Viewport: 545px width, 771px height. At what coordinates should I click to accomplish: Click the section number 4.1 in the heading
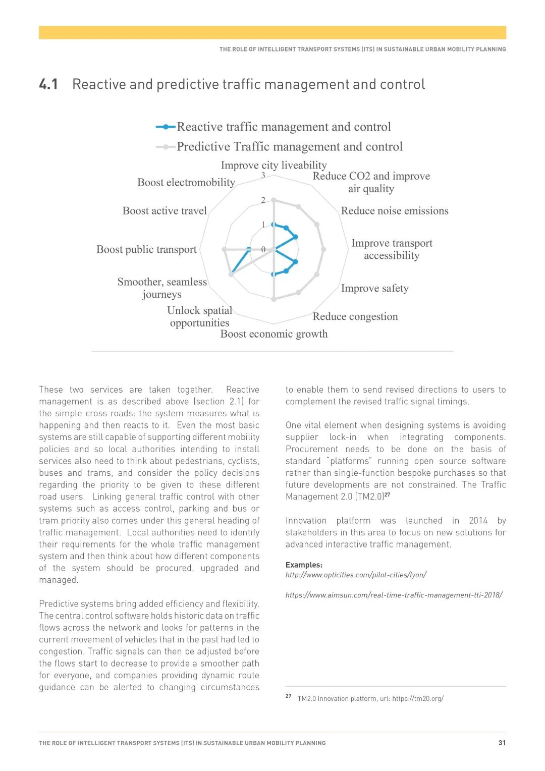pos(48,84)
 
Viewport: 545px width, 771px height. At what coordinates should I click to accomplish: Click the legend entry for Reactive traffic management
pos(284,127)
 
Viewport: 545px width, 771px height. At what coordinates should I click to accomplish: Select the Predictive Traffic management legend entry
pos(289,147)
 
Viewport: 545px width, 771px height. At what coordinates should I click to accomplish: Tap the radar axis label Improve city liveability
pos(274,165)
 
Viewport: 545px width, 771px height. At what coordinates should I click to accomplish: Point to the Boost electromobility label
pos(186,182)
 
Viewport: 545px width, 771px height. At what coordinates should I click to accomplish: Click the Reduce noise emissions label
pos(395,211)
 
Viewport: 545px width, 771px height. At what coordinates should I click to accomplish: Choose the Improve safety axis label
pos(374,288)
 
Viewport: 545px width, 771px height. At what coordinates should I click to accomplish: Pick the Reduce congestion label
pos(355,316)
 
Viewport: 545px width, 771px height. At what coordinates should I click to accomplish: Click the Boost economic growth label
pos(274,334)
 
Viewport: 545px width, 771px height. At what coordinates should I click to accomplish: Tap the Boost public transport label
pos(146,249)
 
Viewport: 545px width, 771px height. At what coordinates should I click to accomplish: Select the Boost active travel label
pos(165,211)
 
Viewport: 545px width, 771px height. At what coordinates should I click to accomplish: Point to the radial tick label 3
pos(263,176)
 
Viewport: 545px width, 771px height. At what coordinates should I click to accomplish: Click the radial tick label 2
pos(263,200)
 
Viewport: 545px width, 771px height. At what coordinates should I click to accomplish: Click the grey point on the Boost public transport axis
pos(224,249)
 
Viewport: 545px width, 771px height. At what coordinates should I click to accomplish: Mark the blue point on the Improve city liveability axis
pos(274,225)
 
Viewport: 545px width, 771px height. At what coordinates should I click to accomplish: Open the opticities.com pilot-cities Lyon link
pos(356,575)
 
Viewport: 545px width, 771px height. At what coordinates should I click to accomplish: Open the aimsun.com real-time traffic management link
pos(394,595)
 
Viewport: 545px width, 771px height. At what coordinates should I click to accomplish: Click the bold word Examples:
pos(304,565)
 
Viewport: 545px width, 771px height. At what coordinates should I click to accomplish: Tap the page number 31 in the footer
pos(502,743)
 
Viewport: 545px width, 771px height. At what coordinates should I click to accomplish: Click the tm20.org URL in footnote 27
pos(418,699)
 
